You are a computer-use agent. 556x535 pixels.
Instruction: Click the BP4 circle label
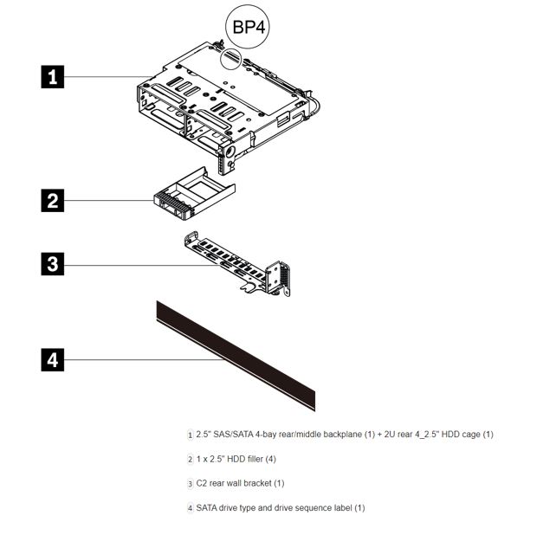point(247,26)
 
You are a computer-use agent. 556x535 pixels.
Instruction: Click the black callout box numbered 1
point(54,76)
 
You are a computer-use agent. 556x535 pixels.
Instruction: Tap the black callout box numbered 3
point(54,264)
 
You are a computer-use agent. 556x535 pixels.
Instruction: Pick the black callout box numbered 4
point(54,358)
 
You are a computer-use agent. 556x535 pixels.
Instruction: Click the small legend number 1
point(190,435)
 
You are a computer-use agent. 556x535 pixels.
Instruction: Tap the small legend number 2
point(190,459)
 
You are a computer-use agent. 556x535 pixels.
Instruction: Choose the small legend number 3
point(190,483)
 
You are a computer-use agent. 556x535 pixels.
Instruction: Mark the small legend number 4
point(190,508)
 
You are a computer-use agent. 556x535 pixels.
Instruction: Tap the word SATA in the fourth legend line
point(209,507)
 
